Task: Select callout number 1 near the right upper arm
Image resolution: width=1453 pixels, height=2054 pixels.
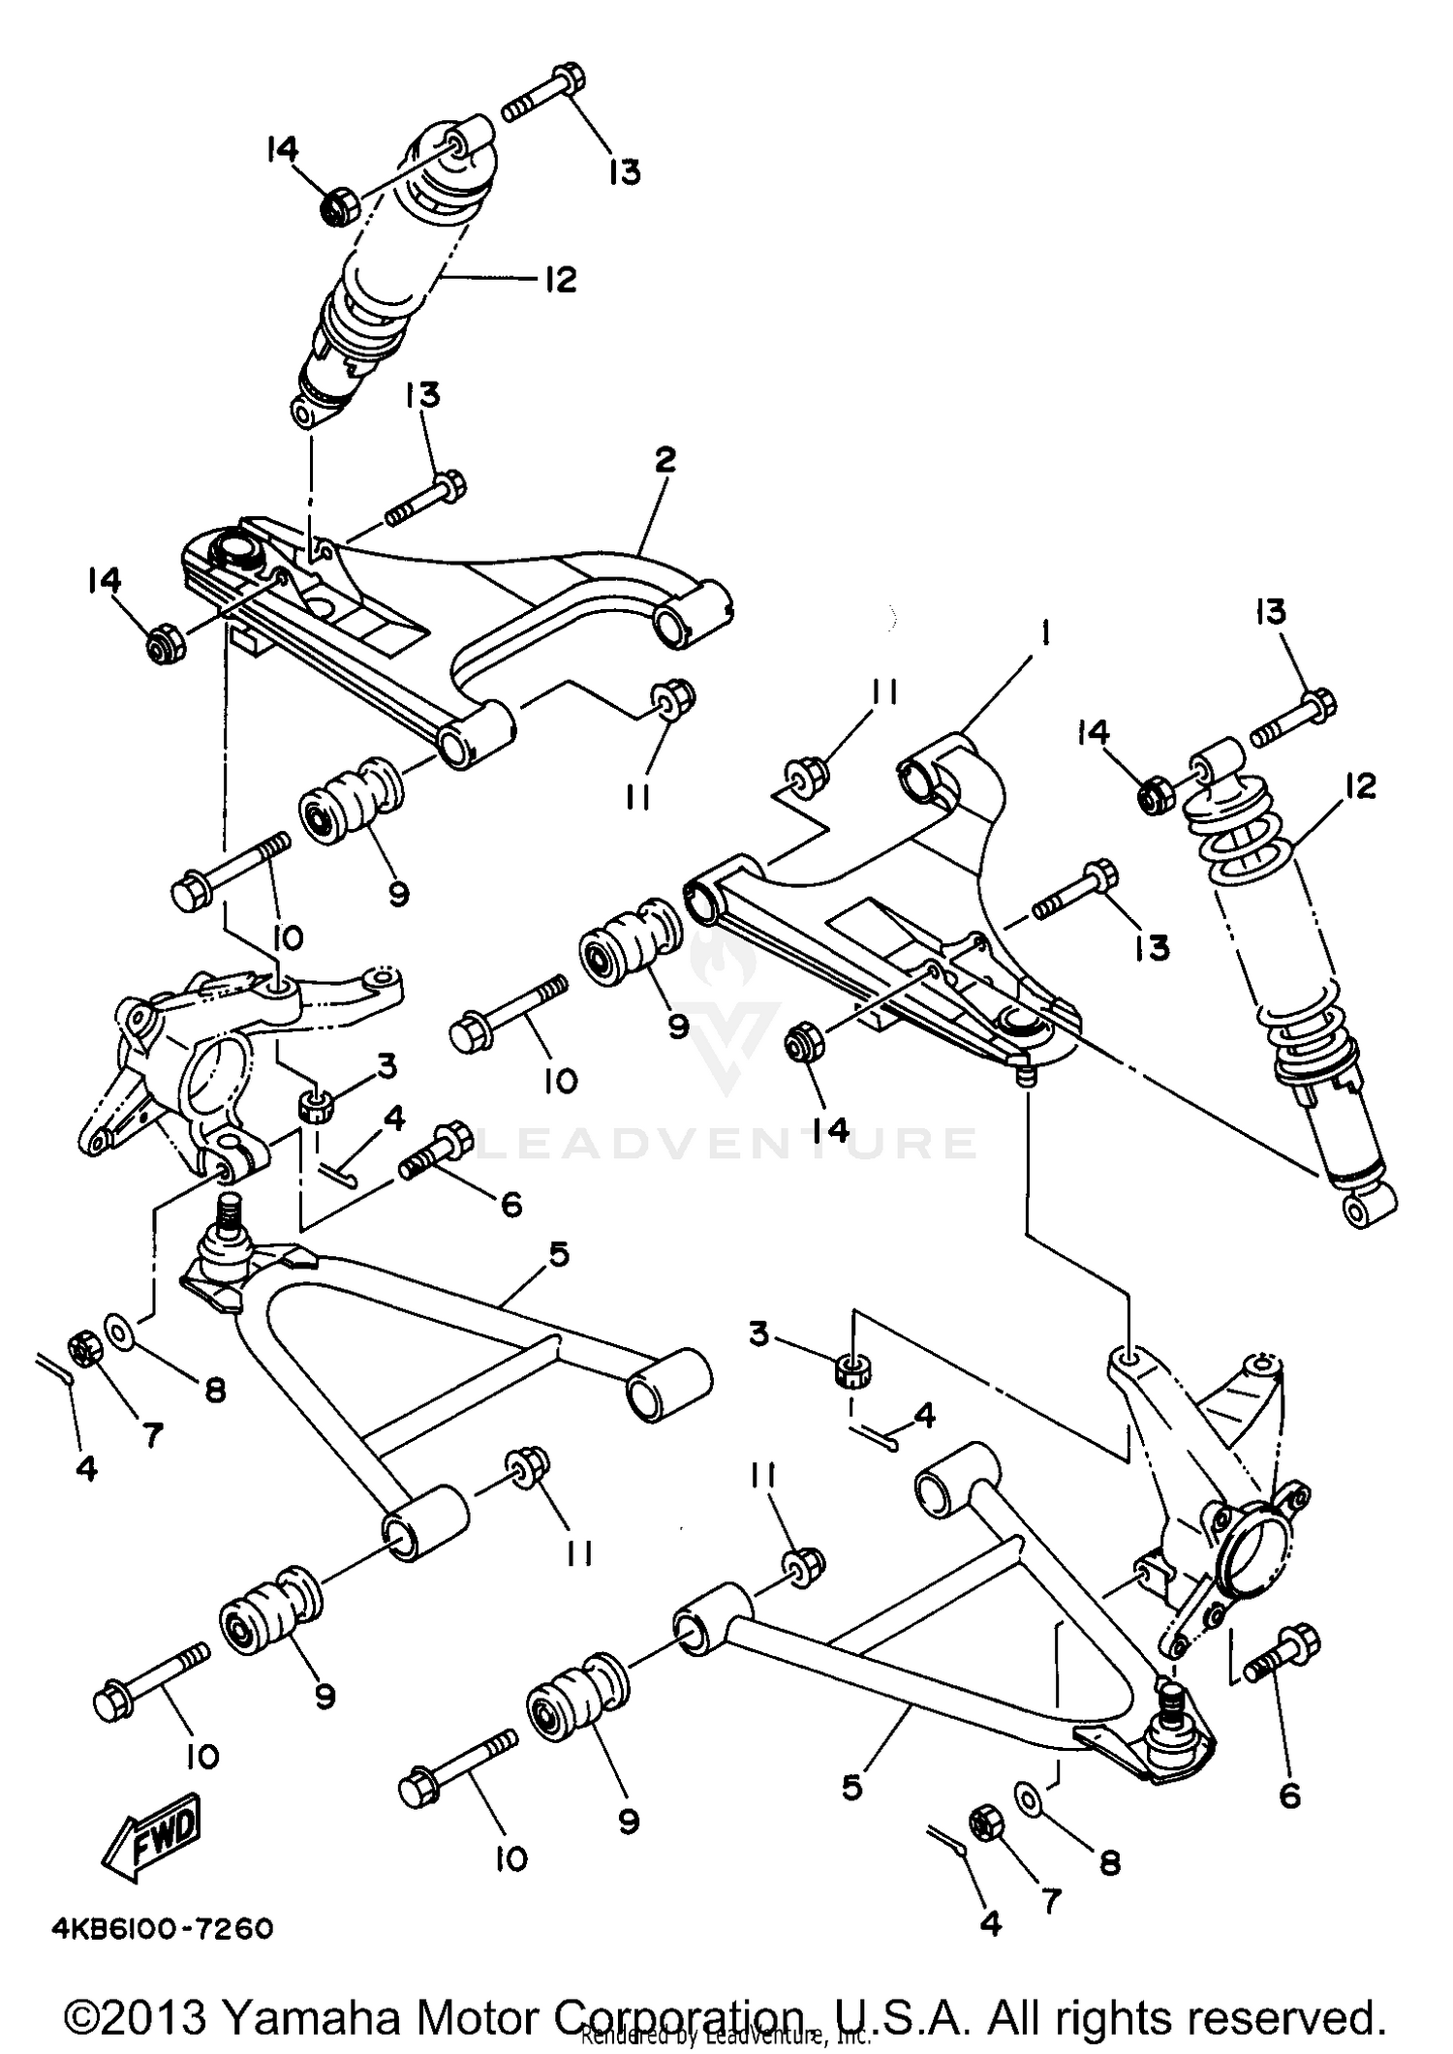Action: (1046, 634)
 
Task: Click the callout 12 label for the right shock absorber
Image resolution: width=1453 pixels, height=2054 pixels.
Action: (1360, 785)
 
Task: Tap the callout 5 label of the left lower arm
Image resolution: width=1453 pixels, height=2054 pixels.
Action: (558, 1254)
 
